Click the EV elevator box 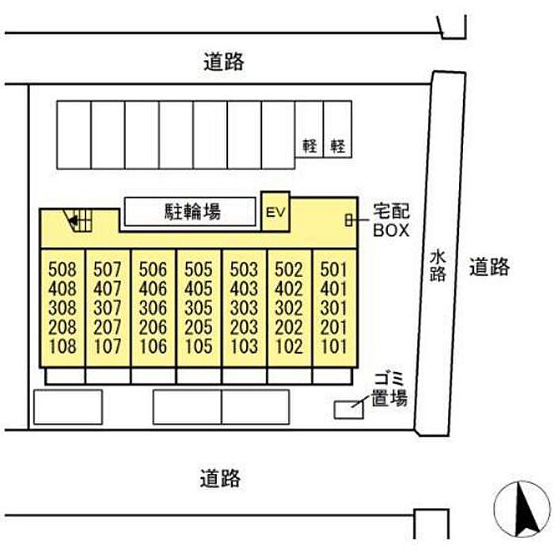275,212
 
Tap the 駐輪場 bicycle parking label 192,211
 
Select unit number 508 63,270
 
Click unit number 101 334,347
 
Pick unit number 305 199,308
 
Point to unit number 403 244,289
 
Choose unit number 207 108,327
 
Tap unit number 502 289,270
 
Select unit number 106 153,347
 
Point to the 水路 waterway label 438,266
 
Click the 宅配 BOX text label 391,221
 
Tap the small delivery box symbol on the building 349,221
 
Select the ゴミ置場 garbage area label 389,389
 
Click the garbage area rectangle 349,410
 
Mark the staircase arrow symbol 74,221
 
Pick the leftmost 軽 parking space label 309,146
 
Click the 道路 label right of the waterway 489,267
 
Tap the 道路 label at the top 224,62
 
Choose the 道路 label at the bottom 220,479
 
